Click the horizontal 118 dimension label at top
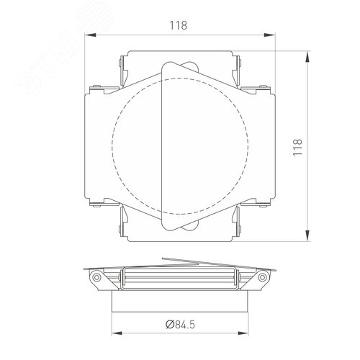(x=179, y=25)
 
